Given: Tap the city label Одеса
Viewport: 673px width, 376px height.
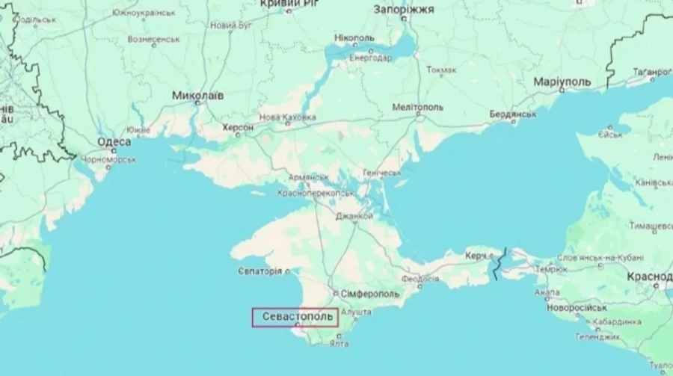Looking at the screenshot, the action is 114,142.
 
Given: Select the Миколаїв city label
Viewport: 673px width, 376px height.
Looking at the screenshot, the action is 197,96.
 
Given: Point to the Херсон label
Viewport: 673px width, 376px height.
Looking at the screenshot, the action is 238,128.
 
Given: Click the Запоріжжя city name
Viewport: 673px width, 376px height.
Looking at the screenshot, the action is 404,9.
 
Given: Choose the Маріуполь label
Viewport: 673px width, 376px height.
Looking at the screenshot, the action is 562,81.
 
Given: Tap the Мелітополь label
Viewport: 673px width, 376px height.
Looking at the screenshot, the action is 418,107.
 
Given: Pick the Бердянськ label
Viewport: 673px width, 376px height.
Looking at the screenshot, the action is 512,114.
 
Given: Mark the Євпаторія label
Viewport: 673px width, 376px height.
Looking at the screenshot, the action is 260,270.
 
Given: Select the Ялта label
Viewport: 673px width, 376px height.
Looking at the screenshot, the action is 339,344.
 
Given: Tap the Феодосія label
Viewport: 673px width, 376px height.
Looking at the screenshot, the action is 420,278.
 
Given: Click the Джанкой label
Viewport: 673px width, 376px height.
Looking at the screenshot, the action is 354,216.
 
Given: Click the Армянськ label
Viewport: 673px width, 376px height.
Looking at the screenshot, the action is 308,177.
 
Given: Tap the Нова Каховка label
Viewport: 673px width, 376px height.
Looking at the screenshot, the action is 287,117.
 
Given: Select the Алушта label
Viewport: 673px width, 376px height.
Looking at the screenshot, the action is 356,311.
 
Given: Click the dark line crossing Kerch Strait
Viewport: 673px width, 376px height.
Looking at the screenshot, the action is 499,263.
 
